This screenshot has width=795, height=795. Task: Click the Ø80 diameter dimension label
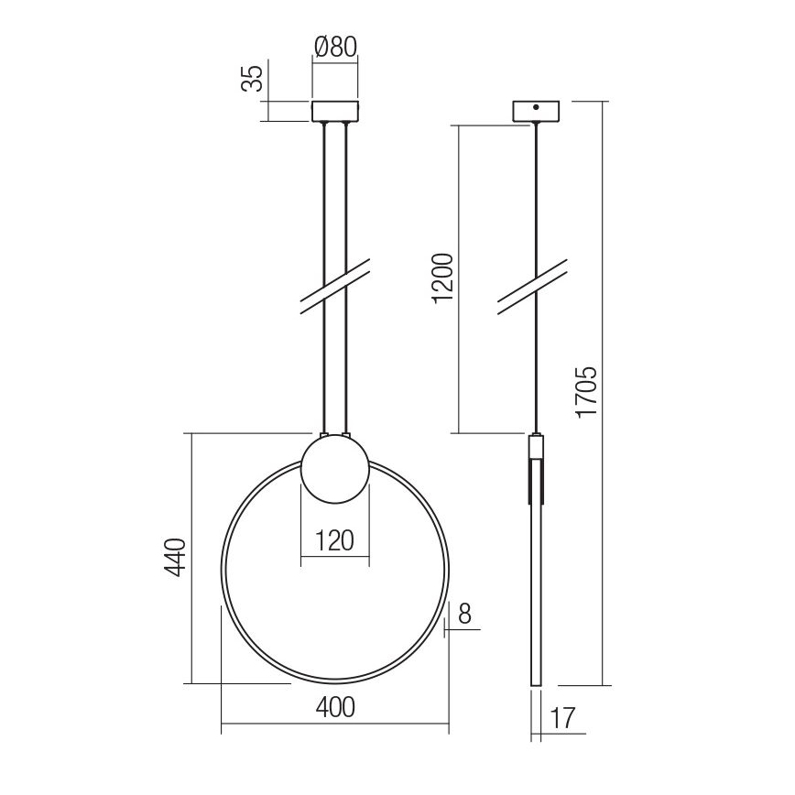[335, 47]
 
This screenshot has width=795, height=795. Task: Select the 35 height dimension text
[252, 79]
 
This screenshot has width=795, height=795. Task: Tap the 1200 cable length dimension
[442, 277]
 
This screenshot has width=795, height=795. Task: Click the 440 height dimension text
[177, 559]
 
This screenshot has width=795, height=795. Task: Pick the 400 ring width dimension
[335, 708]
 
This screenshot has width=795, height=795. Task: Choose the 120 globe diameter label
[335, 540]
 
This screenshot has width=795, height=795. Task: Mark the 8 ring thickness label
[465, 613]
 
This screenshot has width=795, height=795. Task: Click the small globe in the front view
[335, 469]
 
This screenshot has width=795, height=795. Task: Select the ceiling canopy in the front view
[335, 111]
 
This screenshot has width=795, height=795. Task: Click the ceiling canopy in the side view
[536, 109]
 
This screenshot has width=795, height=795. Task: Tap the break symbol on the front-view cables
[335, 286]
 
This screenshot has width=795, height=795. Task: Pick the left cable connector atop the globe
[323, 432]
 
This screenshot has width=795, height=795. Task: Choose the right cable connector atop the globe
[346, 432]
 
